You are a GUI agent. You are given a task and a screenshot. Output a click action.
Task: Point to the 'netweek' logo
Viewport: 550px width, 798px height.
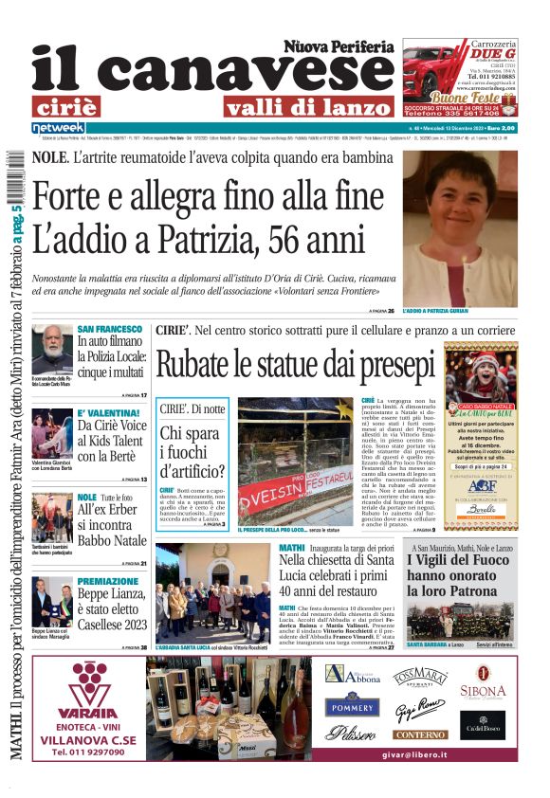(x=58, y=127)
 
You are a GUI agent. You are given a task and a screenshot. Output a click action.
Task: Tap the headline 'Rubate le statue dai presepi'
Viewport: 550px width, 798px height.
(x=294, y=365)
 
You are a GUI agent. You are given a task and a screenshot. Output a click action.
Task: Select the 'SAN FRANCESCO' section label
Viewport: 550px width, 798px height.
(x=110, y=328)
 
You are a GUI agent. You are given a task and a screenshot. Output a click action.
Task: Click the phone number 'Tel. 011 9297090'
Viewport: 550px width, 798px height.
(x=86, y=752)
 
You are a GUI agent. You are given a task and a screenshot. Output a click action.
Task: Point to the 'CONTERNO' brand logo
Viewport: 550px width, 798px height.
(x=420, y=735)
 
